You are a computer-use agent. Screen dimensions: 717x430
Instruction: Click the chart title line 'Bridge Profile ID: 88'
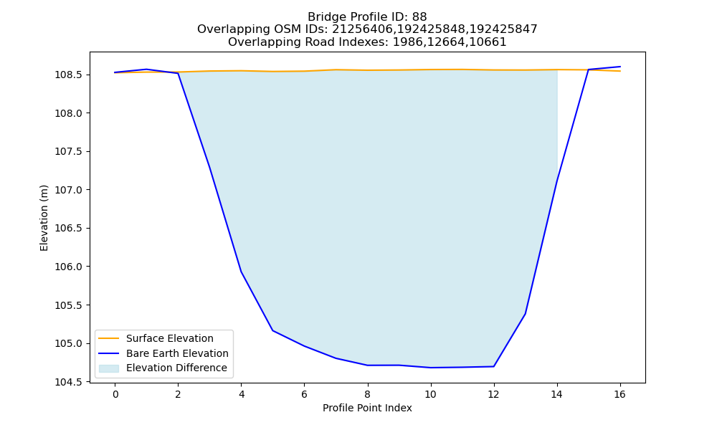click(367, 17)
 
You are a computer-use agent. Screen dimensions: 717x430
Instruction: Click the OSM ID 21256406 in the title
click(358, 29)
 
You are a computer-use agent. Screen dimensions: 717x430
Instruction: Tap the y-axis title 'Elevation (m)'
click(44, 218)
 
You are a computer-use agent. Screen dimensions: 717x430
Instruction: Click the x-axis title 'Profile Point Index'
click(367, 408)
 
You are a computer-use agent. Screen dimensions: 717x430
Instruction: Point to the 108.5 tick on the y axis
click(69, 75)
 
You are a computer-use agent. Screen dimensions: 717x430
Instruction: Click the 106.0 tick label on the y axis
click(69, 267)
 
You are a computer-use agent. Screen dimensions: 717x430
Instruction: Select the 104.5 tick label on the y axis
click(69, 382)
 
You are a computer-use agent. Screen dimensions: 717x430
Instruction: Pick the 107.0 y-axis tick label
click(69, 190)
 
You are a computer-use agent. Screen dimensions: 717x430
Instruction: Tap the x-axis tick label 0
click(115, 394)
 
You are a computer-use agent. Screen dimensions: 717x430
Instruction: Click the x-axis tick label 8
click(368, 394)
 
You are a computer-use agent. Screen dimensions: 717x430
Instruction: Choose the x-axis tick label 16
click(619, 394)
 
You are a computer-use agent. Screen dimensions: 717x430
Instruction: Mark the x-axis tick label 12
click(493, 394)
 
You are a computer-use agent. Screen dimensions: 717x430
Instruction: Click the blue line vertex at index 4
click(241, 272)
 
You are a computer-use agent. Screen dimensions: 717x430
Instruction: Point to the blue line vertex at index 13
click(525, 314)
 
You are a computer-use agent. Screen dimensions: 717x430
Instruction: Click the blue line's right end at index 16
click(620, 67)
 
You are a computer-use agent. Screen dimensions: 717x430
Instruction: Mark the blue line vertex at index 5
click(273, 330)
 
